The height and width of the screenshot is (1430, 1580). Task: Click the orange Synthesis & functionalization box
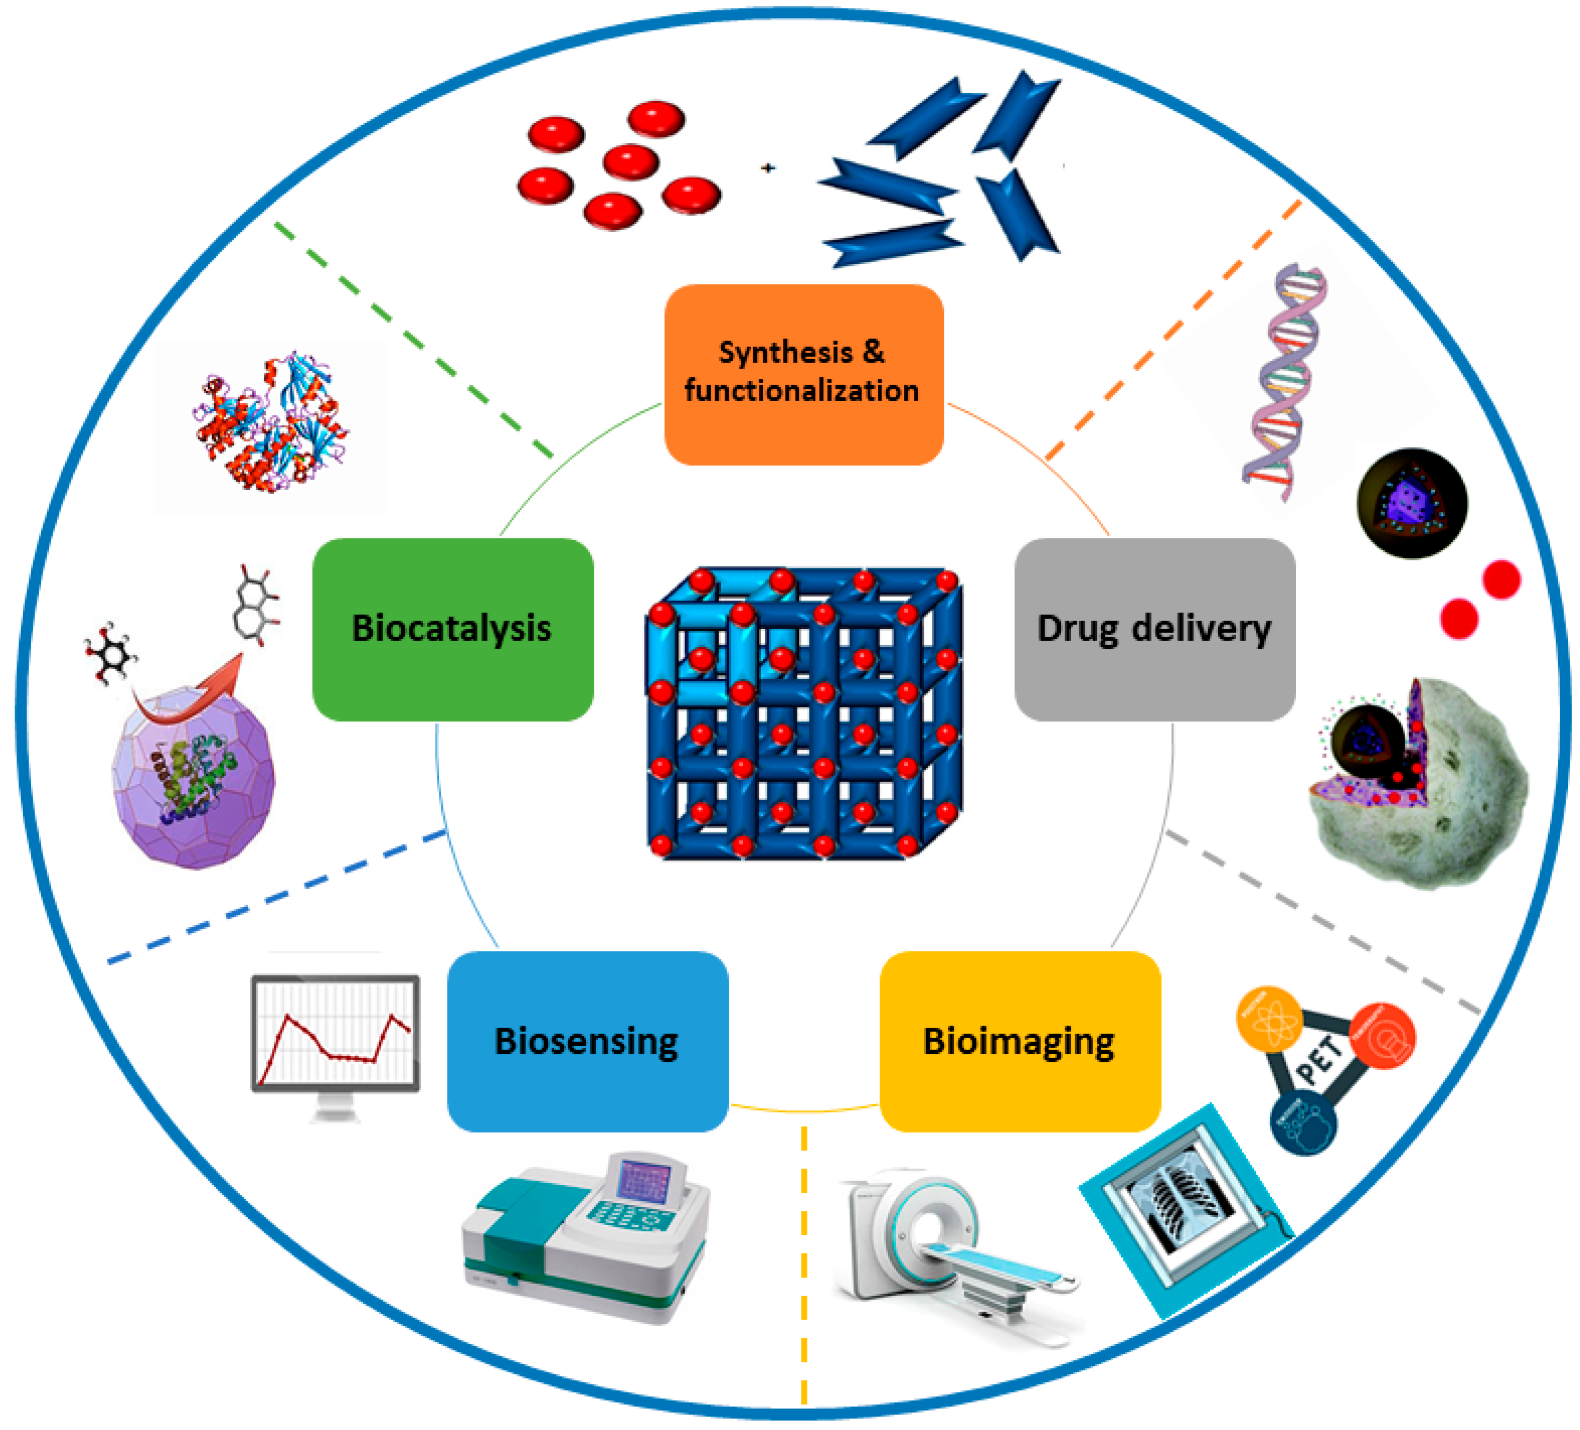click(804, 374)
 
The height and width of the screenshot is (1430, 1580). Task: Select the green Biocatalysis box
click(452, 629)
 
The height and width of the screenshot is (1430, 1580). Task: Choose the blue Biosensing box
click(587, 1041)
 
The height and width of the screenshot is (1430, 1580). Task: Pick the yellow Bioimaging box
click(1019, 1041)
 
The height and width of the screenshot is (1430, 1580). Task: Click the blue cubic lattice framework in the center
click(804, 714)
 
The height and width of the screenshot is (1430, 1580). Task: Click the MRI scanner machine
click(940, 1246)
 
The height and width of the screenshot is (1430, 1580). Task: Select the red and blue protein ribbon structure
click(270, 423)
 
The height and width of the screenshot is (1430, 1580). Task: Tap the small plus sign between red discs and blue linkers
click(768, 167)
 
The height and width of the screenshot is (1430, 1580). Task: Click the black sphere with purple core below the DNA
click(1412, 504)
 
